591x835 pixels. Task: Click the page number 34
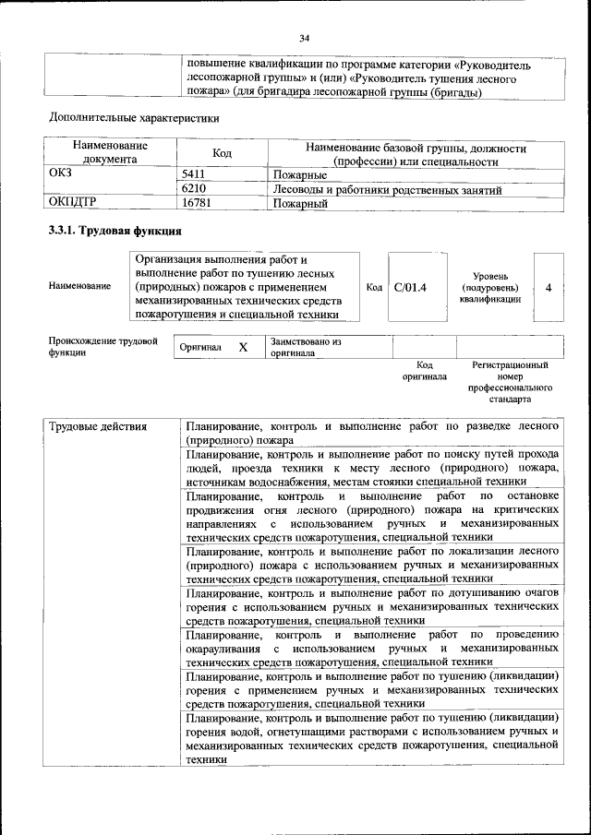pos(305,38)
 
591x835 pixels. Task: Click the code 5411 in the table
pos(193,173)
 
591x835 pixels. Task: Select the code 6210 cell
pos(193,189)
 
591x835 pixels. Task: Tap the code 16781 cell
pos(196,203)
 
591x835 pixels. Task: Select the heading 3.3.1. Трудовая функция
pos(115,231)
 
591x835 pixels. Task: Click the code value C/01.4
pos(410,288)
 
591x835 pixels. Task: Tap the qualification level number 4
pos(549,288)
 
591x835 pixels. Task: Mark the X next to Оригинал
pos(243,348)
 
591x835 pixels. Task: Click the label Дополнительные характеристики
pos(134,117)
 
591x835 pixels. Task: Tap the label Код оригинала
pos(424,371)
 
